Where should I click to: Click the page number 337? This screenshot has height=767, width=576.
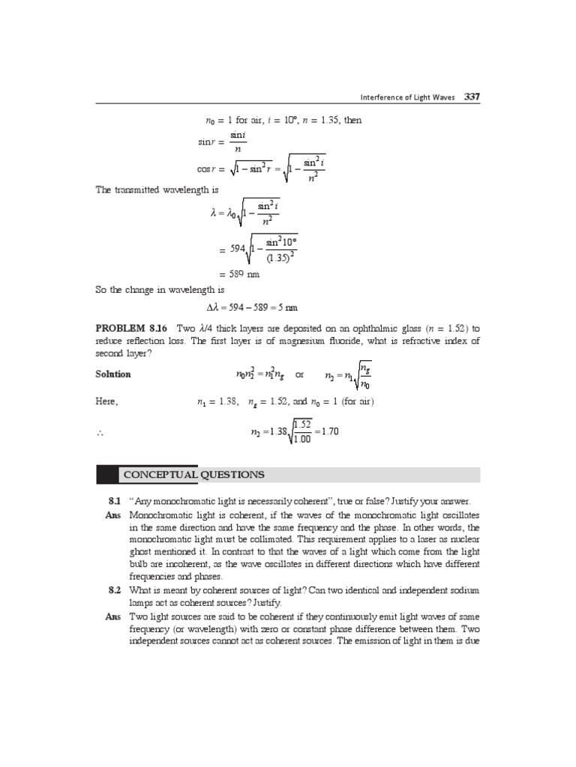(x=472, y=96)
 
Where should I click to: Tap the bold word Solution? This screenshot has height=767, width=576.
(x=112, y=374)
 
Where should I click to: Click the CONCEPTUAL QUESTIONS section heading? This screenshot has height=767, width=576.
(x=194, y=475)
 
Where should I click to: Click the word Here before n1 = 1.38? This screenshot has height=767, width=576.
(x=107, y=402)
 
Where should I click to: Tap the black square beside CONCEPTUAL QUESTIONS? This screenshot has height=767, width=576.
(x=106, y=475)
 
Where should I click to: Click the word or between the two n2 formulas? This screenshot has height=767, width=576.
(x=300, y=374)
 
